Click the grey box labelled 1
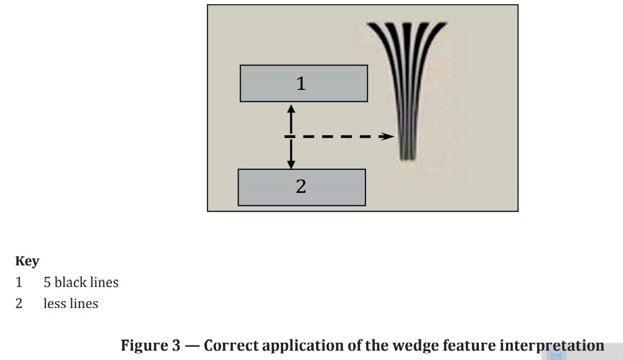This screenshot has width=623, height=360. [x=303, y=83]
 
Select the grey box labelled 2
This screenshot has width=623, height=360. [x=301, y=187]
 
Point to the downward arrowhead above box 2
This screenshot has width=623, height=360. [x=291, y=164]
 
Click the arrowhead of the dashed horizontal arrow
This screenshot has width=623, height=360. [x=388, y=136]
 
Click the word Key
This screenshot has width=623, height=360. [x=27, y=261]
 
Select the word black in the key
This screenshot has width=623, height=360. [x=69, y=282]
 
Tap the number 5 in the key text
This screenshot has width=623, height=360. [x=47, y=282]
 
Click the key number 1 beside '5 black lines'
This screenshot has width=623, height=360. [x=19, y=282]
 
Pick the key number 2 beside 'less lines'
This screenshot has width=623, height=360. [x=19, y=303]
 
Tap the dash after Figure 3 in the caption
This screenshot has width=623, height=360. [x=192, y=345]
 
